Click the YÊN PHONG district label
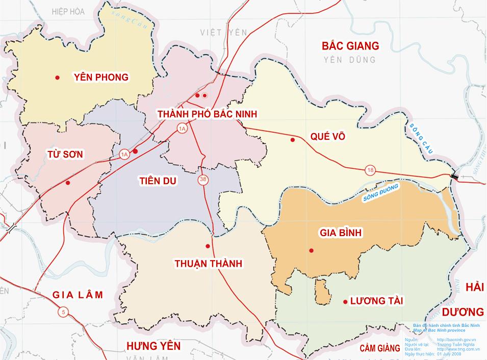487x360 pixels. coord(101,78)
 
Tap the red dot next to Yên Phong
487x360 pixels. coord(58,78)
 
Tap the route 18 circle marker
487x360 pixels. coord(370,170)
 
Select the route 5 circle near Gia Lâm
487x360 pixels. coord(62,312)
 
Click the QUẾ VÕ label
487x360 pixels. coord(327,137)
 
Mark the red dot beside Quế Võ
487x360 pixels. coord(292,140)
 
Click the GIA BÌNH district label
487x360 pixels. coord(340,233)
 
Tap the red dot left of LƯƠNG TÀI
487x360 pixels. coord(345,302)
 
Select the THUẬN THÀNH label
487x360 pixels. coord(208,264)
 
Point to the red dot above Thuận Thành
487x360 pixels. coord(208,246)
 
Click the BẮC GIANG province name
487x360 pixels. coord(350,46)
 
